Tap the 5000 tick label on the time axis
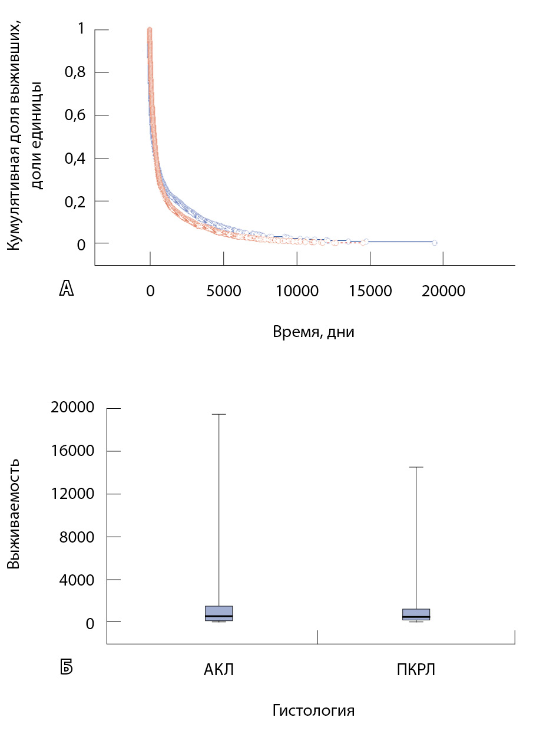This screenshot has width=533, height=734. pos(224,291)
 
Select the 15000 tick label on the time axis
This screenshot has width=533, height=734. pos(370,291)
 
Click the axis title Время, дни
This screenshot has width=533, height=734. pos(313,332)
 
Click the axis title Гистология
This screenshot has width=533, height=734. pos(313,710)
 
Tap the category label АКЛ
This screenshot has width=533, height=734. pos(219,670)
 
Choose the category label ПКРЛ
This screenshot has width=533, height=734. pos(416,670)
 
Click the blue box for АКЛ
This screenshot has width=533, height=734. pos(219,613)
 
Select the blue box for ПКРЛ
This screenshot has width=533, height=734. pos(416,614)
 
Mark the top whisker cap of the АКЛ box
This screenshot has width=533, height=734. pos(219,414)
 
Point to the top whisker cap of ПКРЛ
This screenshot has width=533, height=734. pos(416,467)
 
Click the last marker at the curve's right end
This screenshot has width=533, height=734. pos(435,243)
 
